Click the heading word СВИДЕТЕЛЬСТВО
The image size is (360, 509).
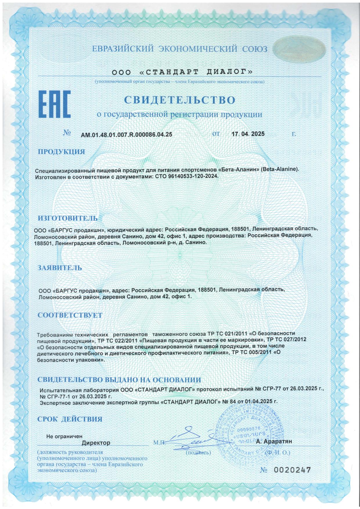point(179,100)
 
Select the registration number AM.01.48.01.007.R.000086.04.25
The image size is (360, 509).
point(126,134)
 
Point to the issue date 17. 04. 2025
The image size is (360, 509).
point(248,134)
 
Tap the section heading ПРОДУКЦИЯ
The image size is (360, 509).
point(62,152)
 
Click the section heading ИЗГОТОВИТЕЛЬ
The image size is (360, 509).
point(68,218)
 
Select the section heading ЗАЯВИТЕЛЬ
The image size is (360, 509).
point(60,268)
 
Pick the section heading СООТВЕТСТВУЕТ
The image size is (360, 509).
point(70,315)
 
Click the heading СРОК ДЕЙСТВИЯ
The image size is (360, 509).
point(70,419)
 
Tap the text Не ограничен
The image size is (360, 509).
point(64,436)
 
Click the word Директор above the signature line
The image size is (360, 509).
point(96,443)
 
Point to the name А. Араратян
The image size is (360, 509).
point(274,441)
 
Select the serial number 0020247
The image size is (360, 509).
point(292,470)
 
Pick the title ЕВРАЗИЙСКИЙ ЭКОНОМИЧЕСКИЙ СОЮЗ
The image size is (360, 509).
point(180,49)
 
